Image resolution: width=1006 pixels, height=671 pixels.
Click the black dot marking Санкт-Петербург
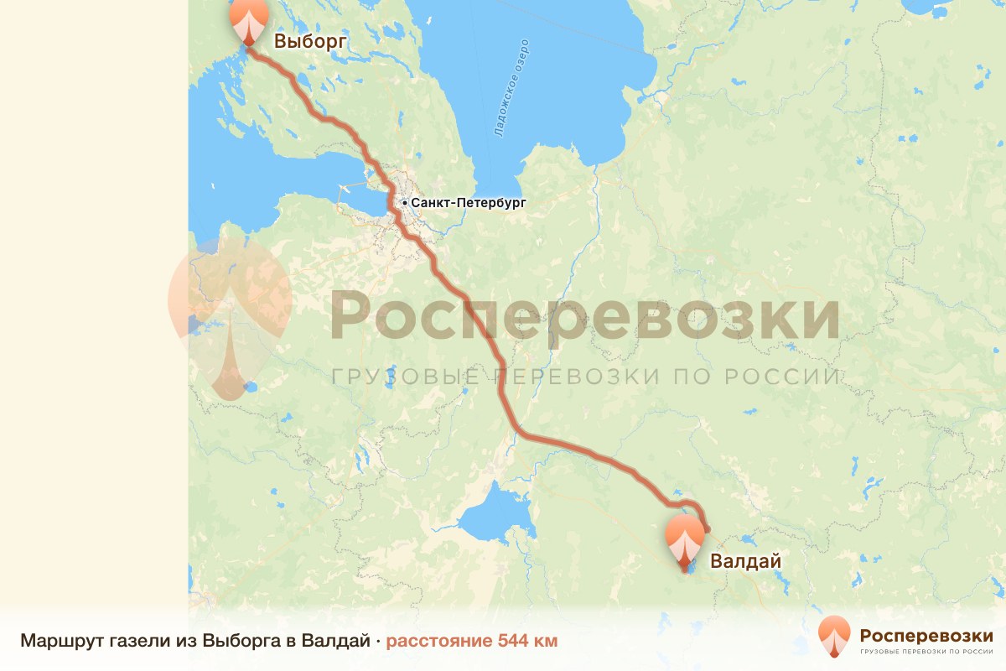404,203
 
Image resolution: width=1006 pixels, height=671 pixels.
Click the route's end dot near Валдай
707,528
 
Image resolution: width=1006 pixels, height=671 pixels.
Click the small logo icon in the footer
834,636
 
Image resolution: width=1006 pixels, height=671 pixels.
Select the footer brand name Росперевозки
926,633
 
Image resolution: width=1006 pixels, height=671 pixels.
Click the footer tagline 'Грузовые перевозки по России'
926,651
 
